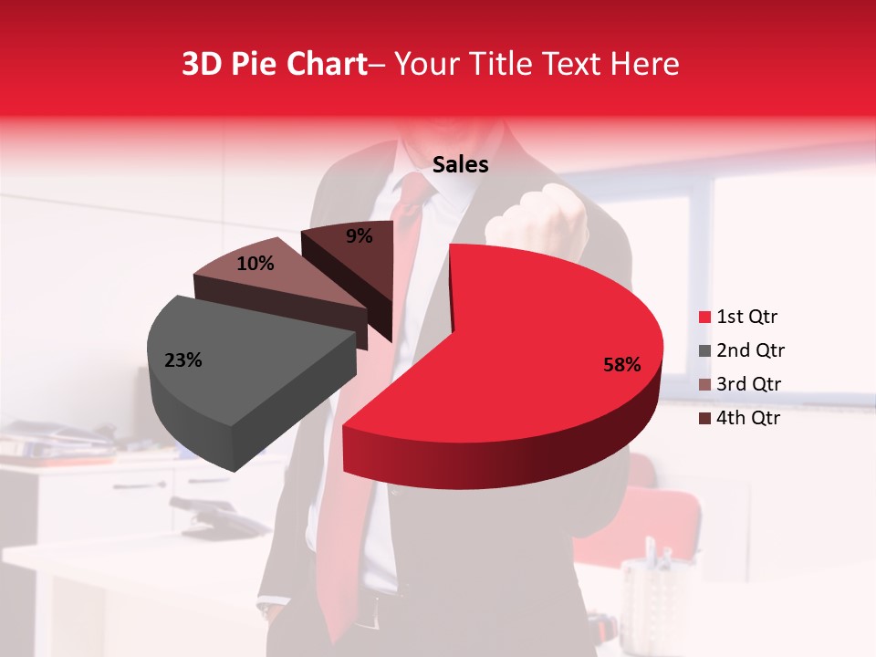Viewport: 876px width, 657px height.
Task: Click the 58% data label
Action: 622,365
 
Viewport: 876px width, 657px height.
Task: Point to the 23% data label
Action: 182,360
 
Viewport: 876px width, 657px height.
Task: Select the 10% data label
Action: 255,264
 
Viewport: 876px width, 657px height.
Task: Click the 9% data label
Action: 360,236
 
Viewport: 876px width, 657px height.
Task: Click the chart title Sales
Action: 460,165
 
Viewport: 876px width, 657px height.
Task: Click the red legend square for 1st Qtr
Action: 704,318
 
